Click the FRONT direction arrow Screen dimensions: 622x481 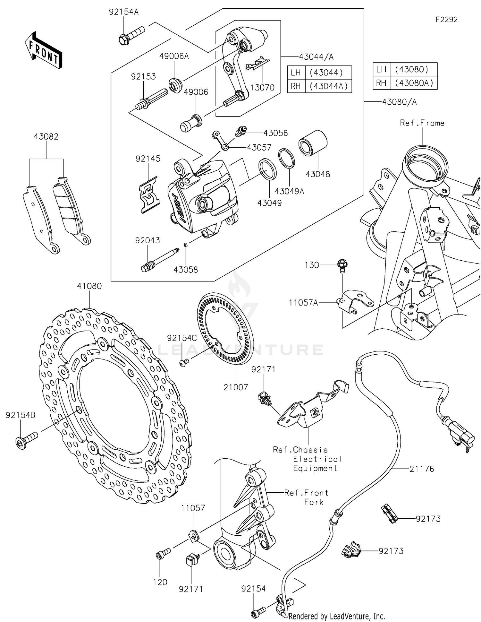(43, 50)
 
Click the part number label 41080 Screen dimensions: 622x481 (89, 286)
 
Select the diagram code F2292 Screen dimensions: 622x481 (446, 20)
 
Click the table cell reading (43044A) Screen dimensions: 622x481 (328, 86)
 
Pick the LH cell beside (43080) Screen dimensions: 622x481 (381, 69)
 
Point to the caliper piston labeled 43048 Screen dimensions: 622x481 (312, 143)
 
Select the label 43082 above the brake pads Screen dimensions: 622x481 (46, 137)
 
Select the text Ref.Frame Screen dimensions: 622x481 (422, 123)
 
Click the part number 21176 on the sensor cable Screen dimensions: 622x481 (421, 469)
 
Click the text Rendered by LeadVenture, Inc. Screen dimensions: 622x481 (336, 616)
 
